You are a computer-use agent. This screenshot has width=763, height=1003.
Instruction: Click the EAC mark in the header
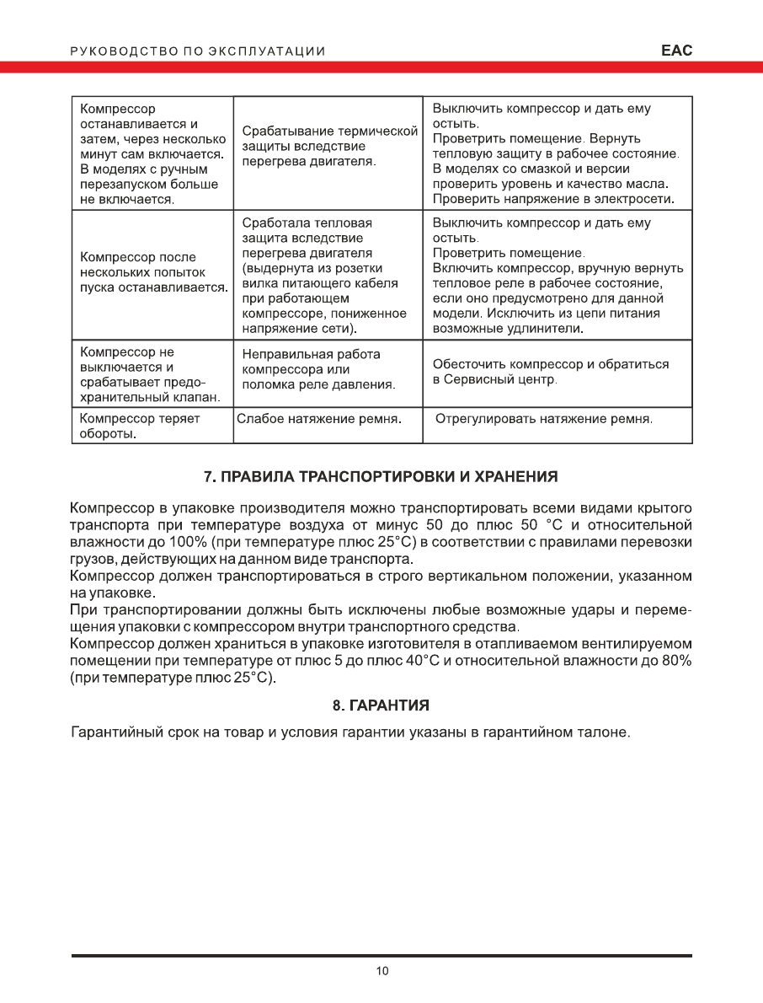pyautogui.click(x=676, y=51)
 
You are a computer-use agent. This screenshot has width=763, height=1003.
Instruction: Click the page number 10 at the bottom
pyautogui.click(x=382, y=971)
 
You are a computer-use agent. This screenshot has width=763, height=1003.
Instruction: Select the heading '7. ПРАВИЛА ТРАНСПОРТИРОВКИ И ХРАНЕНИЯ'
pyautogui.click(x=381, y=477)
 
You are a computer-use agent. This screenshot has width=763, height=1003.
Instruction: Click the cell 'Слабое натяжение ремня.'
pyautogui.click(x=318, y=418)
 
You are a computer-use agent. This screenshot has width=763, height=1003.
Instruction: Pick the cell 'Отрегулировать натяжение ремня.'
pyautogui.click(x=544, y=418)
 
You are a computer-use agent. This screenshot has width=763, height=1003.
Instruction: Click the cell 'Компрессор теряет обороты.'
pyautogui.click(x=139, y=426)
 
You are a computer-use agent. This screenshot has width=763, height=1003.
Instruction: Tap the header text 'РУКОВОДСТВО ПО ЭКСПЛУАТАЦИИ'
pyautogui.click(x=198, y=51)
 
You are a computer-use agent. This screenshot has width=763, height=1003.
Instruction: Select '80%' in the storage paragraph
pyautogui.click(x=676, y=660)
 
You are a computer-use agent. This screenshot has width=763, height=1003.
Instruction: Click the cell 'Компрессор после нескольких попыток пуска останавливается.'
pyautogui.click(x=152, y=272)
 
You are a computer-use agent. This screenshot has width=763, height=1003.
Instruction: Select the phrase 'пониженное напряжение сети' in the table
pyautogui.click(x=324, y=320)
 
